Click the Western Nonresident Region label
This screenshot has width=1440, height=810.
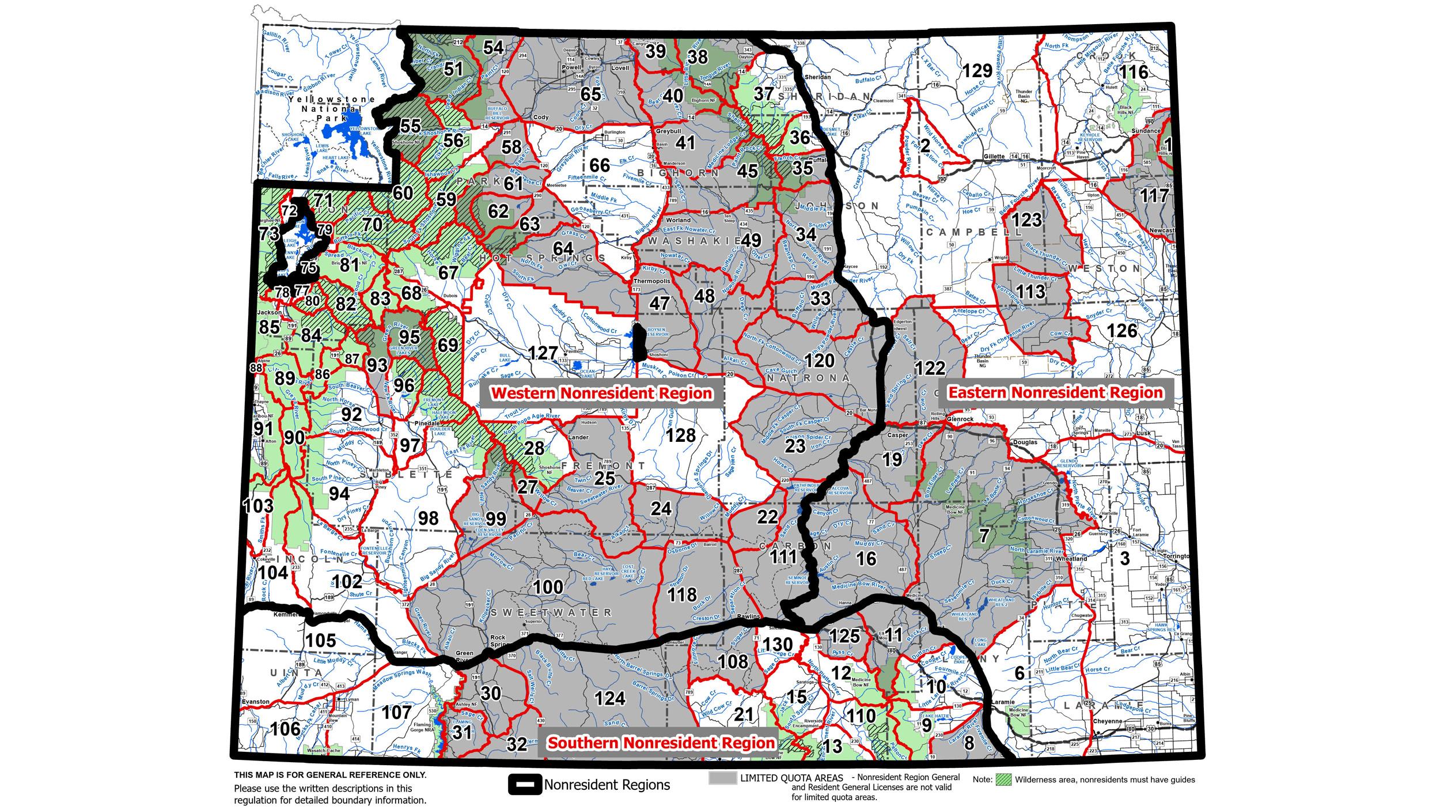(601, 393)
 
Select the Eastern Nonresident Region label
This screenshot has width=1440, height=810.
(1055, 393)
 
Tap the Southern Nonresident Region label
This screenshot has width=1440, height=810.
(661, 743)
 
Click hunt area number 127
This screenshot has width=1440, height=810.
(543, 353)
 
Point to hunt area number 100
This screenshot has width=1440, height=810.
(548, 587)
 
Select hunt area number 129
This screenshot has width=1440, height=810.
(977, 71)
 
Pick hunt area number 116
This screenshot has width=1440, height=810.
(1134, 72)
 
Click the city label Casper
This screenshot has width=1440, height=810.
(897, 436)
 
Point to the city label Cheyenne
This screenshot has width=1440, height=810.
(1106, 721)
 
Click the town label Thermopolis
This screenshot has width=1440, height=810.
(651, 281)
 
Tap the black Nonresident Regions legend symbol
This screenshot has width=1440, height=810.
(525, 785)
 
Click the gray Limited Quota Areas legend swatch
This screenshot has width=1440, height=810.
(722, 778)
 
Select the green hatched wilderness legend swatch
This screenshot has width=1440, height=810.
(1003, 779)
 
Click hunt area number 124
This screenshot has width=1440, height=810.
(609, 698)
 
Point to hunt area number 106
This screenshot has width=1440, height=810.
(285, 729)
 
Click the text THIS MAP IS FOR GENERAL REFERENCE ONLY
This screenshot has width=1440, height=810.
(330, 775)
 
